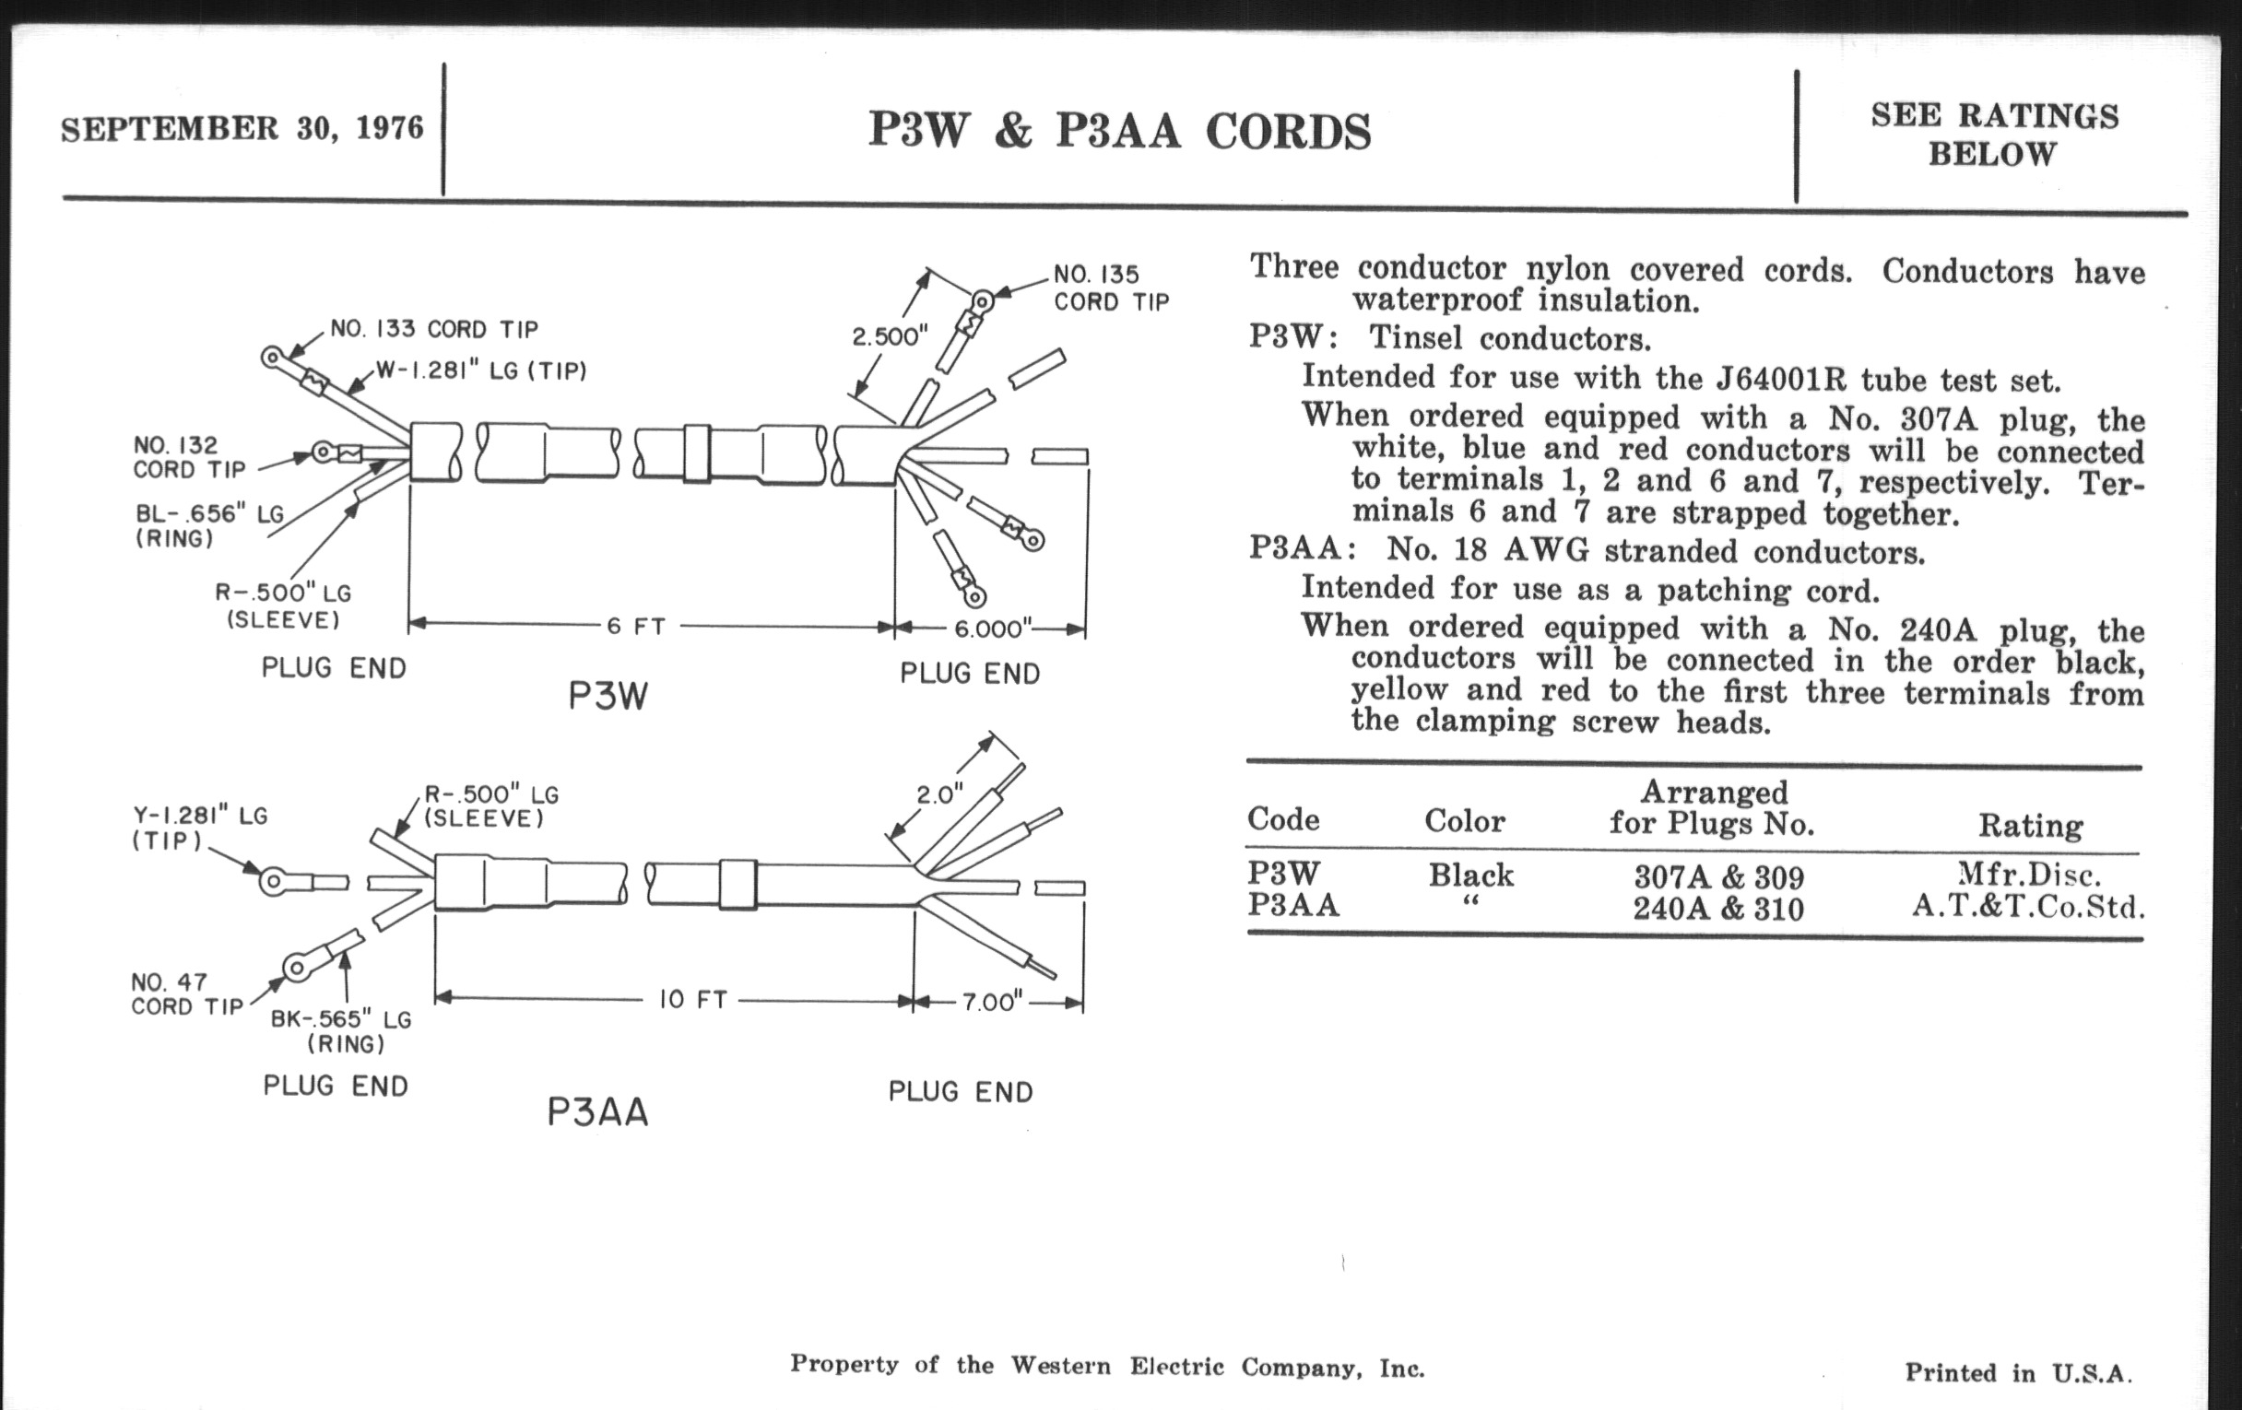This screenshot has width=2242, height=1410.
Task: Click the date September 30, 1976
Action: (242, 127)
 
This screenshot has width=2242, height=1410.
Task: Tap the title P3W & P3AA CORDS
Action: (1119, 131)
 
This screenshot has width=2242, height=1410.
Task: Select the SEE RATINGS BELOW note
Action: (1994, 134)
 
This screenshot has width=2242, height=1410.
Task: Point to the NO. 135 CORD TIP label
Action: (1111, 288)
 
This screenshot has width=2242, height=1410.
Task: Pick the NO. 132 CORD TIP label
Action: (189, 457)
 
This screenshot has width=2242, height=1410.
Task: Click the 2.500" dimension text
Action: (891, 337)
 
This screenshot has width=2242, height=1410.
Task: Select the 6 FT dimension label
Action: (636, 627)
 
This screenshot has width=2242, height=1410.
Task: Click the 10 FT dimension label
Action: (692, 1000)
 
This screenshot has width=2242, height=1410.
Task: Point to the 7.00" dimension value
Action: (993, 1003)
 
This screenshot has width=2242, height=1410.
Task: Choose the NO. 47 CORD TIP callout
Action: (187, 994)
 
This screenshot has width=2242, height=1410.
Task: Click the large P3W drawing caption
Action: (608, 696)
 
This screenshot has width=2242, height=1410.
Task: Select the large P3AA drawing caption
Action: (597, 1112)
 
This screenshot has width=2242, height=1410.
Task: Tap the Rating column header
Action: (2030, 826)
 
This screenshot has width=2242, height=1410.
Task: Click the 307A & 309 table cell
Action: (1718, 876)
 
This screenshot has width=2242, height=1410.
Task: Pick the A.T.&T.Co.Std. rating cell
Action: (2028, 906)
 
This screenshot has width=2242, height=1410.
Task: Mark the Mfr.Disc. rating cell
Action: (2029, 875)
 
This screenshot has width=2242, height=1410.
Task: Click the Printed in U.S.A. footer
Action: (2018, 1373)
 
